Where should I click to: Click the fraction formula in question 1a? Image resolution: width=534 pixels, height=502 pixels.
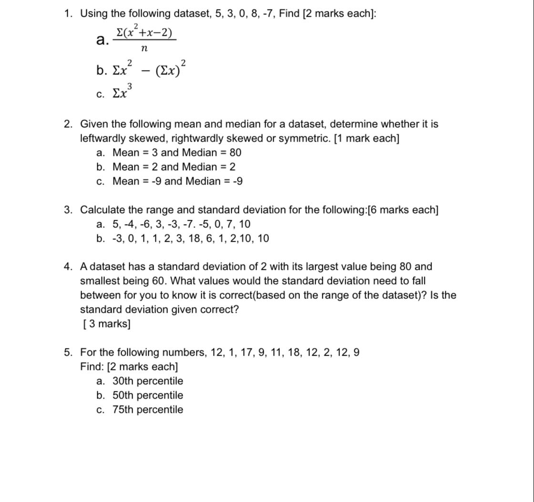tap(144, 39)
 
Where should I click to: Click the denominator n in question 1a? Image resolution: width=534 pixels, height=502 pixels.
tap(144, 49)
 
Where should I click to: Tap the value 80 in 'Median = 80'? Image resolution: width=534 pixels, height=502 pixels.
tap(235, 153)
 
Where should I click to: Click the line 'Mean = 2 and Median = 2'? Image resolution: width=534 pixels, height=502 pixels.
tap(174, 167)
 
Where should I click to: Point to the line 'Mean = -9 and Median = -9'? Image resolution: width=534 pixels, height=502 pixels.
tap(177, 181)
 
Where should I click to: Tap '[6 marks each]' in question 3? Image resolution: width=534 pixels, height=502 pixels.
tap(403, 210)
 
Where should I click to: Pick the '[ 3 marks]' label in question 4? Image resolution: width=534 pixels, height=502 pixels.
tap(106, 324)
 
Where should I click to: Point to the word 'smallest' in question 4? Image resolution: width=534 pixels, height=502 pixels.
tap(101, 281)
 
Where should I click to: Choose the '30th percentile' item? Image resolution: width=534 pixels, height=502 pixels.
tap(147, 381)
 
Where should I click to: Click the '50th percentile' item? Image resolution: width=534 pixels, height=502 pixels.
tap(147, 395)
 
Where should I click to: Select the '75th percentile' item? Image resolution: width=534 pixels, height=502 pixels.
tap(147, 410)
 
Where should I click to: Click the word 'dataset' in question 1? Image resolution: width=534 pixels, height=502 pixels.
tap(191, 13)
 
